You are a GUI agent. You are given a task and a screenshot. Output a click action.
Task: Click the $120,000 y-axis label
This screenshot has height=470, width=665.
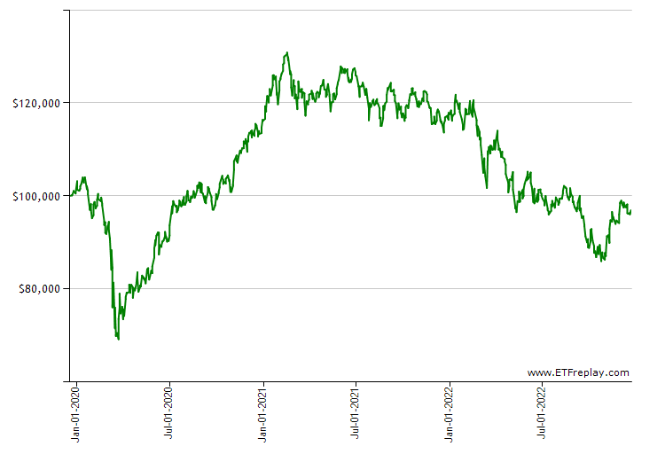coord(35,103)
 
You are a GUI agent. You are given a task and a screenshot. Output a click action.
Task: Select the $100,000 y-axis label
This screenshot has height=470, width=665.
coord(35,196)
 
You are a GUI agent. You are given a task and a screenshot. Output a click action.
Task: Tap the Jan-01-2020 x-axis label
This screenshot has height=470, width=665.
coord(76,413)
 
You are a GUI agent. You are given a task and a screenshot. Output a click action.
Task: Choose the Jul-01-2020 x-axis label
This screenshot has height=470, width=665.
coord(169,413)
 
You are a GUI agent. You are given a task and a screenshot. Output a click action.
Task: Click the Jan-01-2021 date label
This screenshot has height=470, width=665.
coord(263,413)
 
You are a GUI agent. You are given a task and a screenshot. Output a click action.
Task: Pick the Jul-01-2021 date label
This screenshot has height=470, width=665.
coord(356,413)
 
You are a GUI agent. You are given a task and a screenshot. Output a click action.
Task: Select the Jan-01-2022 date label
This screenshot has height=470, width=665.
coord(450,413)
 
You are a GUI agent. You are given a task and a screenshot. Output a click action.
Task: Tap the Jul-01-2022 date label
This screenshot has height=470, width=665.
coord(543,413)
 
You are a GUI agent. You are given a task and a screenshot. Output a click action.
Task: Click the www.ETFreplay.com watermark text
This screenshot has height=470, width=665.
coord(577,372)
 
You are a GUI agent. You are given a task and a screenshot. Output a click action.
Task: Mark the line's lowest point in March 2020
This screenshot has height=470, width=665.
coord(118,339)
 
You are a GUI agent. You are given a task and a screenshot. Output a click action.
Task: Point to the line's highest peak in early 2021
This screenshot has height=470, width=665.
coord(286,53)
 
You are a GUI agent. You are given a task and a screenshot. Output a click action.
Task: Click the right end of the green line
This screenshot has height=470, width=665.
coord(630,210)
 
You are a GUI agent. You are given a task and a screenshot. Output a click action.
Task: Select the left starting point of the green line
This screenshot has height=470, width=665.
coord(71,195)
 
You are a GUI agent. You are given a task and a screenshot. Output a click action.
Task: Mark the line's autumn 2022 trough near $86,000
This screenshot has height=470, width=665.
coord(603,261)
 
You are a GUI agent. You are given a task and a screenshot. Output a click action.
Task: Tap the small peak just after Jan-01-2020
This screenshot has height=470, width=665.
coord(83,177)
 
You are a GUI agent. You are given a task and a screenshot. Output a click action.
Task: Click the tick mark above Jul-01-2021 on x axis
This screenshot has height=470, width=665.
coord(356,384)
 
